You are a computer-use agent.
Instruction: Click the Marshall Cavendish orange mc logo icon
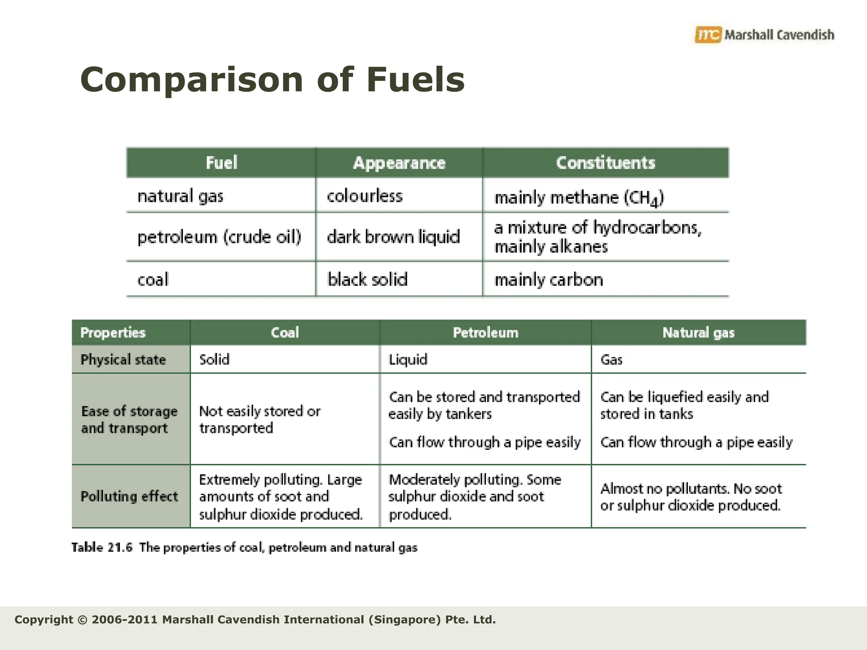(x=707, y=35)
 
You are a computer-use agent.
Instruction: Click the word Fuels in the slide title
(x=416, y=80)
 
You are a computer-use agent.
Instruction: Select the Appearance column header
(x=399, y=163)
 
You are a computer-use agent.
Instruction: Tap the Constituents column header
(x=605, y=163)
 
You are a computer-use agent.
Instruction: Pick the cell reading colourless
(x=364, y=196)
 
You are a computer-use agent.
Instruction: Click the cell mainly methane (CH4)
(x=579, y=198)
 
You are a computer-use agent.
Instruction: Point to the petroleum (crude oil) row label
(x=219, y=237)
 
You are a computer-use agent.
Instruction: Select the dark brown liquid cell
(x=393, y=237)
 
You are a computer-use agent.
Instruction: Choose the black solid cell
(x=367, y=280)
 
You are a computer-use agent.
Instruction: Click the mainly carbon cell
(x=549, y=280)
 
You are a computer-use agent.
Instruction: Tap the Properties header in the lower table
(x=113, y=333)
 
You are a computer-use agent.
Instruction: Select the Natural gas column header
(x=698, y=333)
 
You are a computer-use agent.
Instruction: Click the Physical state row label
(x=123, y=360)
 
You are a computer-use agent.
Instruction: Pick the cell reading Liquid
(x=408, y=360)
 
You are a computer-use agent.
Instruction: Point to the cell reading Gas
(x=611, y=360)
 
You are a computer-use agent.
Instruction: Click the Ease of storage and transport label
(x=129, y=419)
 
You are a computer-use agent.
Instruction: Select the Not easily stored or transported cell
(x=260, y=419)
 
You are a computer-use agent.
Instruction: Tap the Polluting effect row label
(x=129, y=496)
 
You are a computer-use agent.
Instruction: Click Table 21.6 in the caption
(x=102, y=548)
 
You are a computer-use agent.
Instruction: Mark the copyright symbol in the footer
(x=83, y=620)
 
